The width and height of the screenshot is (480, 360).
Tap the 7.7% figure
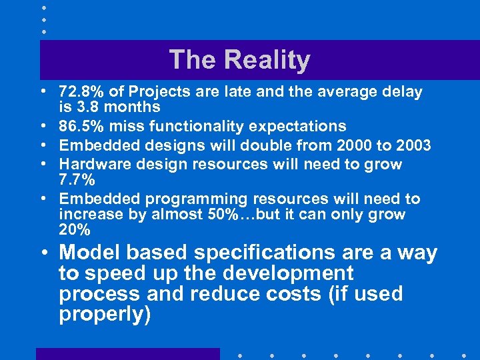(77, 179)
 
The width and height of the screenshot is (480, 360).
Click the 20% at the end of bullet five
(75, 230)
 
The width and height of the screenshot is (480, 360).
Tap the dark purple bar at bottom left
(127, 354)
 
